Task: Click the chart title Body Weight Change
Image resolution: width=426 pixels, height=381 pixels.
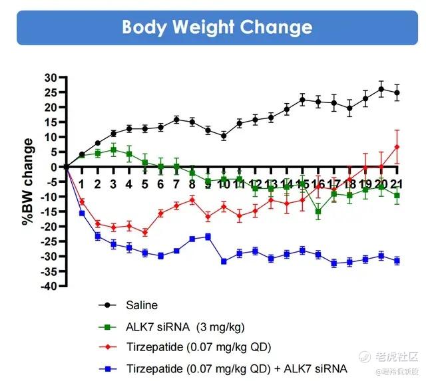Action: point(217,27)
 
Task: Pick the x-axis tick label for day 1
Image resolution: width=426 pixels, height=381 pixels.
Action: point(82,184)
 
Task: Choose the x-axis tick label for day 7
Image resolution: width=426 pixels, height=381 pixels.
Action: point(176,184)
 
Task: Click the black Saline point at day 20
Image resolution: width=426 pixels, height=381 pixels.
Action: point(381,89)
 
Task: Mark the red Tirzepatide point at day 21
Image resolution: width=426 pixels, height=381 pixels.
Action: point(397,147)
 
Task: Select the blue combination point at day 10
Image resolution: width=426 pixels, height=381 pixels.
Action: point(224,261)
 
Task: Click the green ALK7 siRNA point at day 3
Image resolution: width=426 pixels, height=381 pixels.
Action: point(114,150)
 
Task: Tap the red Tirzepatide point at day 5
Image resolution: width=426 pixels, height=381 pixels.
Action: point(145,233)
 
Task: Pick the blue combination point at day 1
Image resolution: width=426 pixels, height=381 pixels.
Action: point(82,213)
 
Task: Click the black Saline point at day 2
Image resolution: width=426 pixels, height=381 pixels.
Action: point(98,143)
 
